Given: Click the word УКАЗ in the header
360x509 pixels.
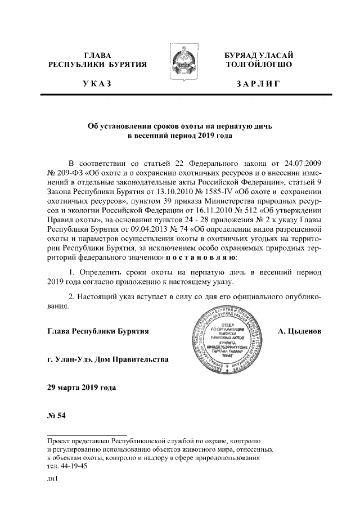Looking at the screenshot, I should coord(97,84).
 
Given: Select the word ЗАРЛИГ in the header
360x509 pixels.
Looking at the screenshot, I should coord(259,84).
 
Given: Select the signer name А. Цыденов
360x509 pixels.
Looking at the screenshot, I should coord(300,332).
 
